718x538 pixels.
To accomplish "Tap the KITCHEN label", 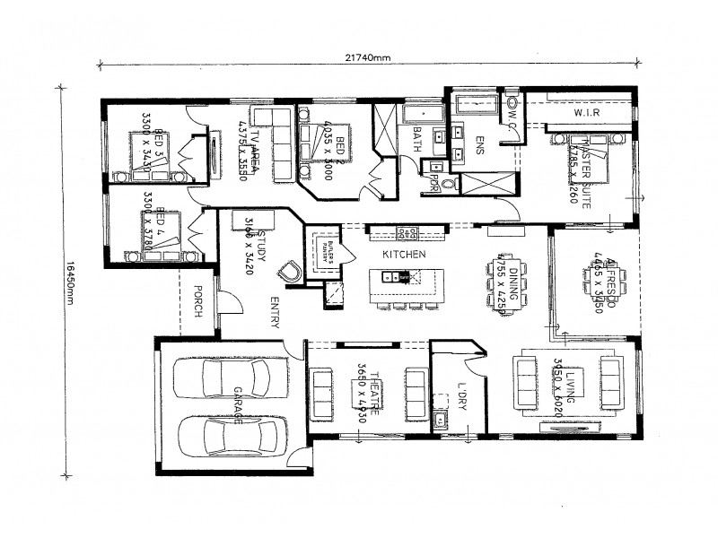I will [403, 255].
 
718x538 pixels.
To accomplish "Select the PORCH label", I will [197, 301].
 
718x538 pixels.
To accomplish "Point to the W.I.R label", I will [587, 115].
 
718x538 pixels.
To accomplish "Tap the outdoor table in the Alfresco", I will [594, 280].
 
